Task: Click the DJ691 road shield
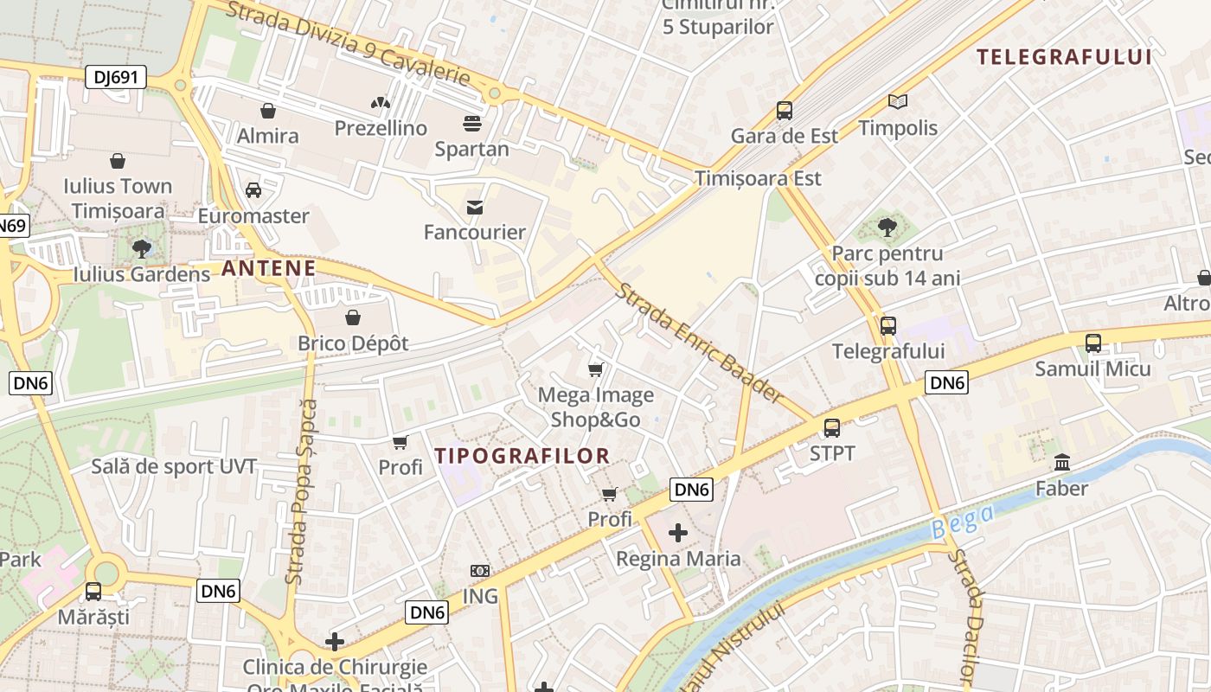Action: pyautogui.click(x=116, y=78)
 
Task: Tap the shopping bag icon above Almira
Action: pyautogui.click(x=268, y=111)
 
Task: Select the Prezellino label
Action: pyautogui.click(x=381, y=128)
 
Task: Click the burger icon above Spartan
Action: pyautogui.click(x=471, y=124)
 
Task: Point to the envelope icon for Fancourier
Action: pyautogui.click(x=475, y=208)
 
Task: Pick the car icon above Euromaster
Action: pyautogui.click(x=253, y=190)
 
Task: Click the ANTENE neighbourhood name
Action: pyautogui.click(x=269, y=268)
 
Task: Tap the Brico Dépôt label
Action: pyautogui.click(x=353, y=343)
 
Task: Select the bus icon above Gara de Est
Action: pyautogui.click(x=785, y=111)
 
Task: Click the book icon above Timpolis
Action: pyautogui.click(x=898, y=102)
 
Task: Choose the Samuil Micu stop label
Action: pyautogui.click(x=1093, y=369)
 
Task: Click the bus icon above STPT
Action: pyautogui.click(x=832, y=427)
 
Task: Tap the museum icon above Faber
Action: pyautogui.click(x=1062, y=463)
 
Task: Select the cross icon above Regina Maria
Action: pyautogui.click(x=678, y=533)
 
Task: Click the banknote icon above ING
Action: pyautogui.click(x=480, y=571)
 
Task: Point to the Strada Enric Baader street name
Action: pyautogui.click(x=700, y=343)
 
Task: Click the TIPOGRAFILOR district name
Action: pyautogui.click(x=522, y=456)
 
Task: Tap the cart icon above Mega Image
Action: pyautogui.click(x=595, y=370)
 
